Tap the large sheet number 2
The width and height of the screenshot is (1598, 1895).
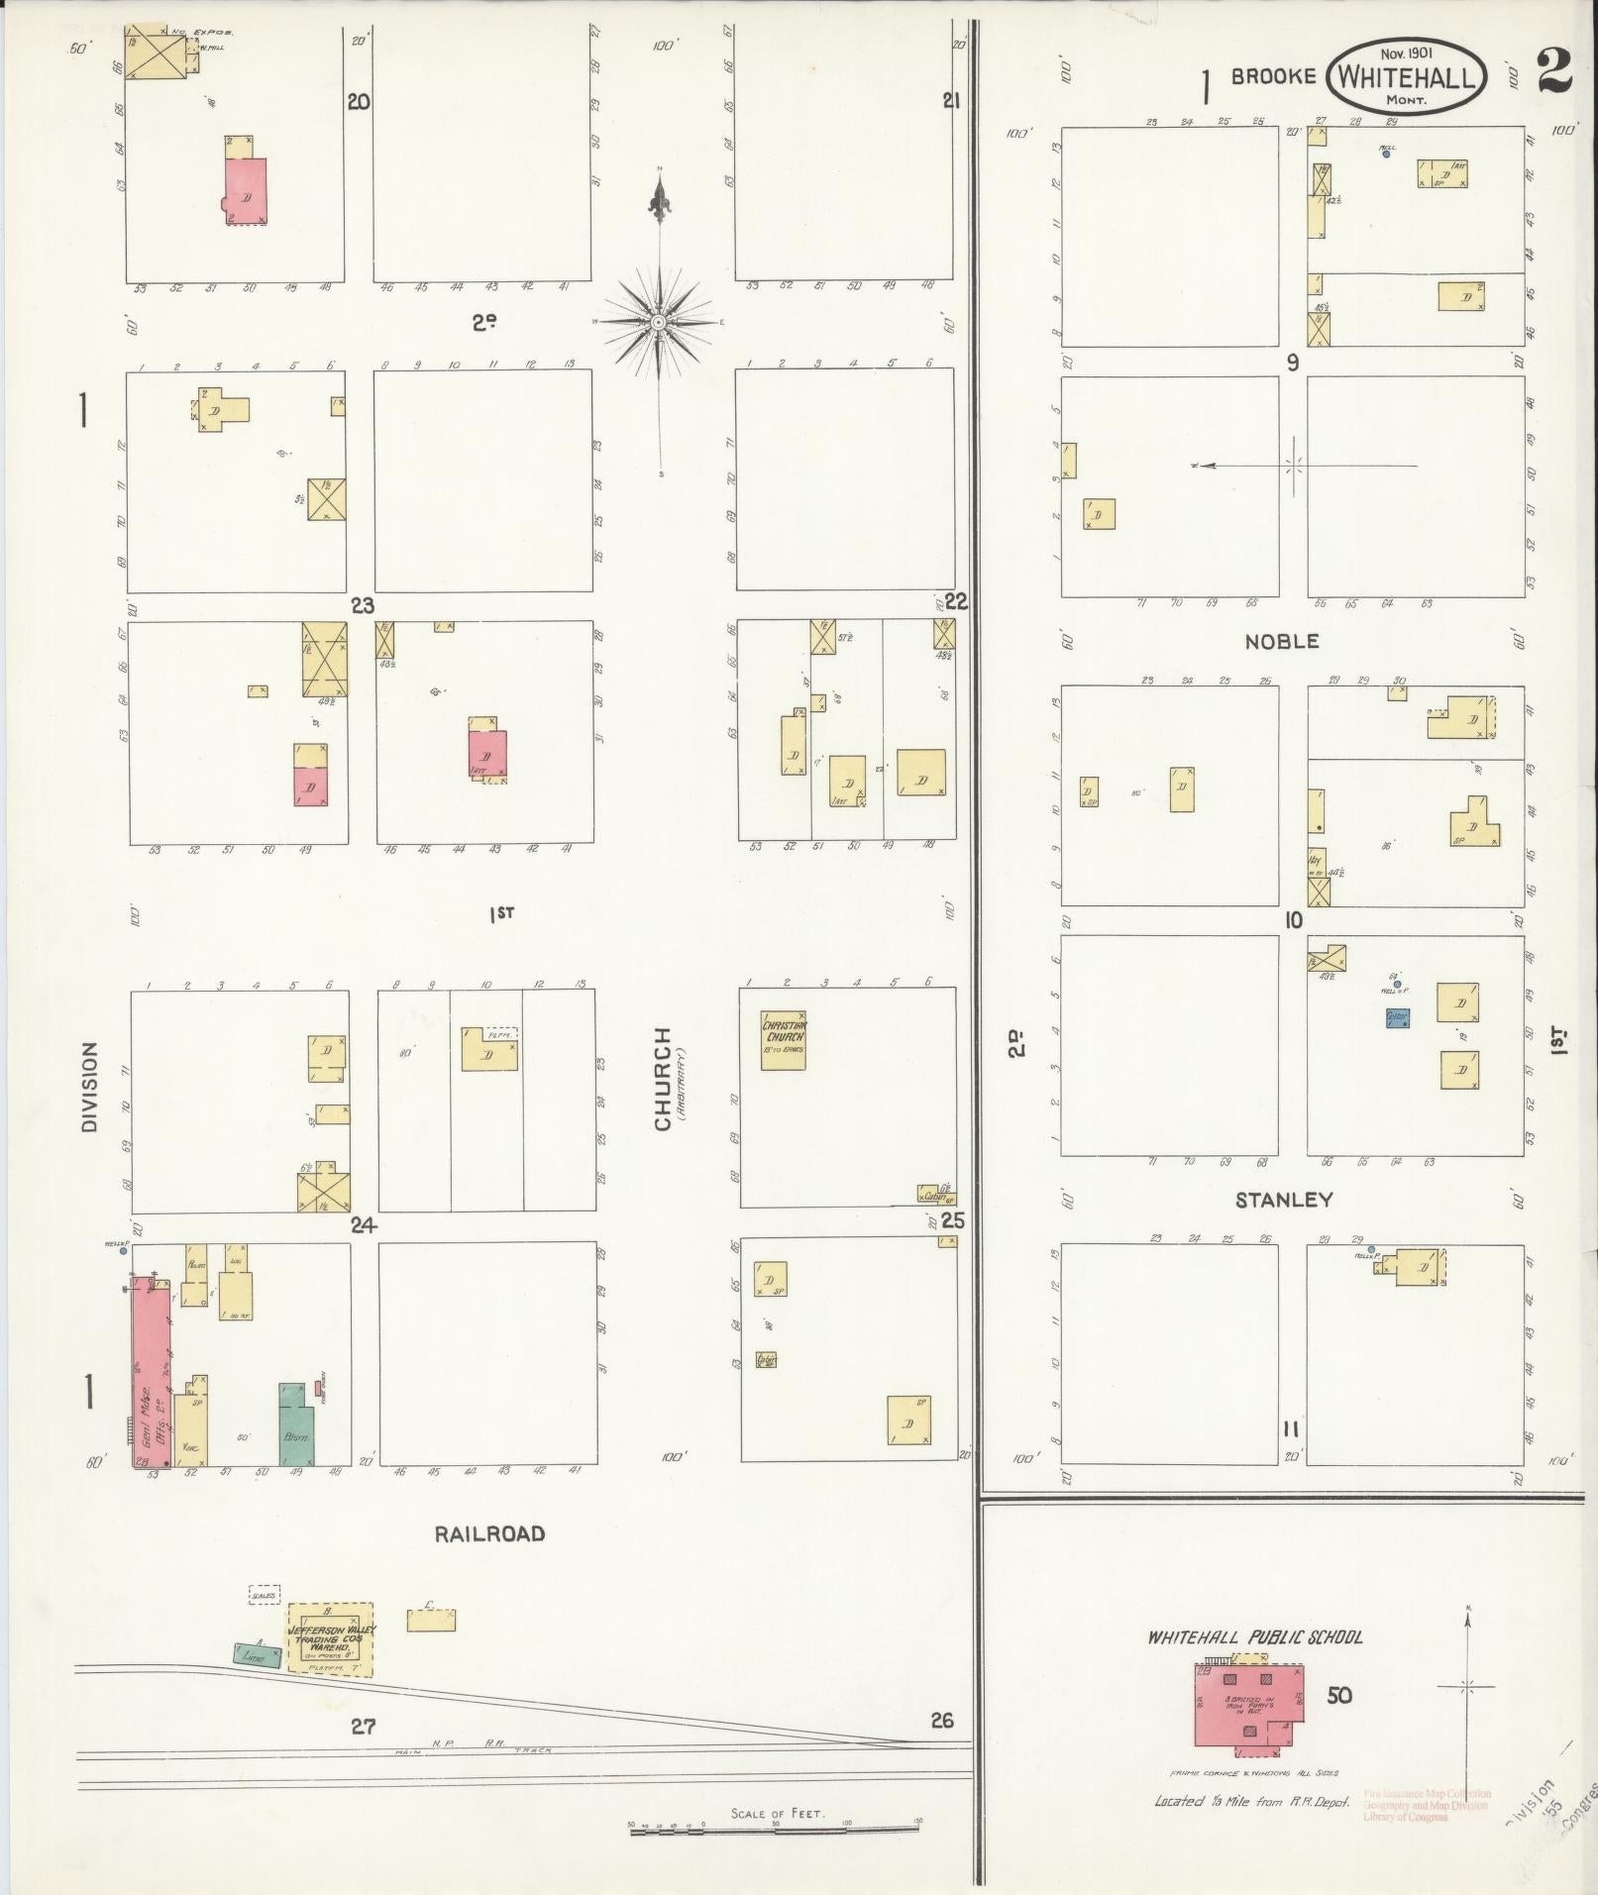click(x=1554, y=71)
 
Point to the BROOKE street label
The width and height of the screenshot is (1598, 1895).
click(x=1273, y=77)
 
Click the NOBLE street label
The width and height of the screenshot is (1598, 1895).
click(x=1282, y=642)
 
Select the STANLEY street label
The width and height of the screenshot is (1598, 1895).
click(x=1284, y=1201)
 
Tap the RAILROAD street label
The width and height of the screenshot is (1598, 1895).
click(x=489, y=1534)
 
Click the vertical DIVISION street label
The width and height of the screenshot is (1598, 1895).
click(x=90, y=1088)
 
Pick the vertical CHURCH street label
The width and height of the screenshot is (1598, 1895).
click(x=662, y=1078)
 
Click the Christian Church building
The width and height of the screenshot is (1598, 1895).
click(x=783, y=1040)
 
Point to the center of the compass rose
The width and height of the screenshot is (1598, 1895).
click(x=658, y=323)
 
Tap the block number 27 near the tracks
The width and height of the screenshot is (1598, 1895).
click(x=363, y=1726)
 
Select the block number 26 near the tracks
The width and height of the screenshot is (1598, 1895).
click(x=941, y=1720)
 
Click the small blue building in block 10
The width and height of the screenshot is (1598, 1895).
click(x=1397, y=1017)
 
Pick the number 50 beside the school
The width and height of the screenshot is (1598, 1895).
click(x=1338, y=1696)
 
